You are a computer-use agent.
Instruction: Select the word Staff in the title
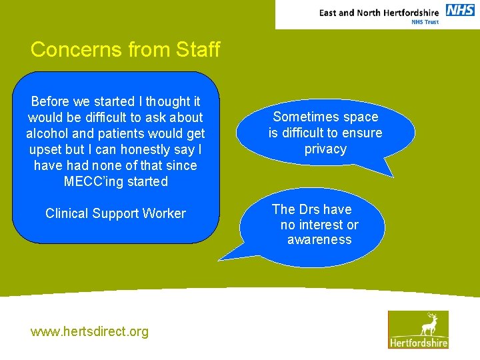point(198,50)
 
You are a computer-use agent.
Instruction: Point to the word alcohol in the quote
point(48,133)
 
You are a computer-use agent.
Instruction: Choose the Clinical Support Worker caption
point(115,213)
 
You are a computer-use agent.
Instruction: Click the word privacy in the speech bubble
point(325,149)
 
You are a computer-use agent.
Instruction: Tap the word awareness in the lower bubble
point(319,240)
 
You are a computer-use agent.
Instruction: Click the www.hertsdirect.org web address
point(89,331)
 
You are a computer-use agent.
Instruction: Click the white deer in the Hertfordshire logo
point(429,324)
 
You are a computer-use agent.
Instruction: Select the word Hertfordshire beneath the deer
point(418,342)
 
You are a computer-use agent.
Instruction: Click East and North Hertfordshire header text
point(379,12)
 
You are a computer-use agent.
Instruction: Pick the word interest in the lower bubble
point(322,225)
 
